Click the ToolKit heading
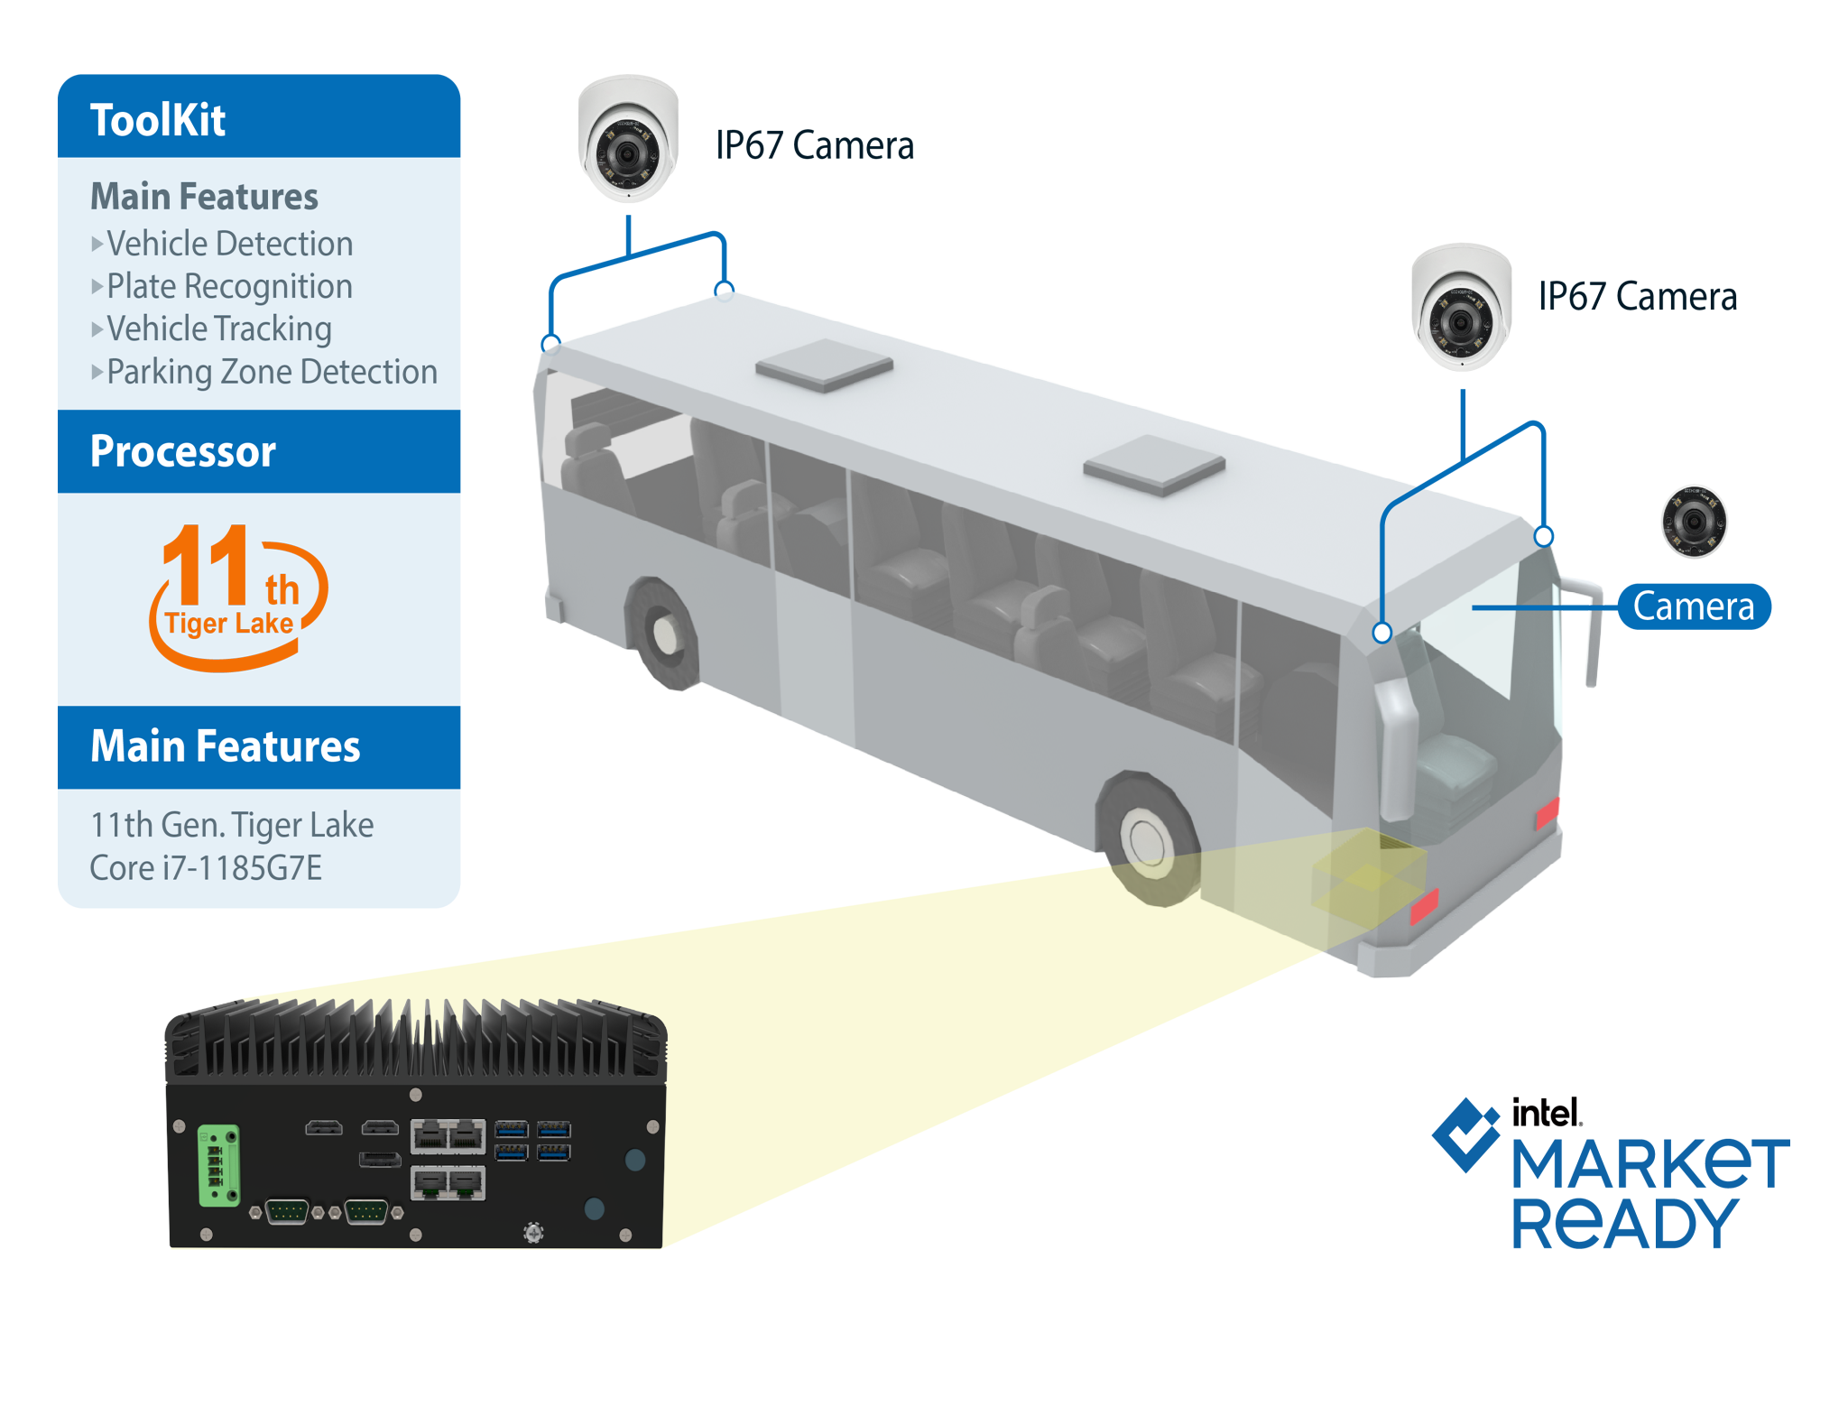158,120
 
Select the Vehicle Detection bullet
229,244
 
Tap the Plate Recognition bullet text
229,286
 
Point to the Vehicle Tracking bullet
218,329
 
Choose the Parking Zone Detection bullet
271,372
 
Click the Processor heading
183,451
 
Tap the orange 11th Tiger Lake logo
237,596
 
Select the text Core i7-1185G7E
206,868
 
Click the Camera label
1694,606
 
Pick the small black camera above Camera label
1694,521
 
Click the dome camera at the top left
628,144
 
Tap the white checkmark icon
1469,1134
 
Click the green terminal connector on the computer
218,1164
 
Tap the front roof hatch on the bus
1153,464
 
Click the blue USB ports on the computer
532,1140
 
